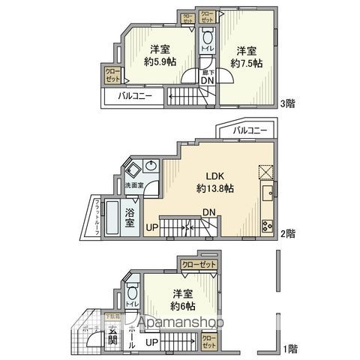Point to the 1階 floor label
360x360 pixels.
(289, 349)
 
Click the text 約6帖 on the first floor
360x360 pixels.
(182, 306)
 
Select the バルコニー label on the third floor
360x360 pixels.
(133, 96)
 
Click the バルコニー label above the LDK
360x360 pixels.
(250, 130)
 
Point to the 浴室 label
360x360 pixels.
(130, 217)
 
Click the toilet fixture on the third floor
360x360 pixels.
(206, 38)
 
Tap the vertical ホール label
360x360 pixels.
(131, 334)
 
